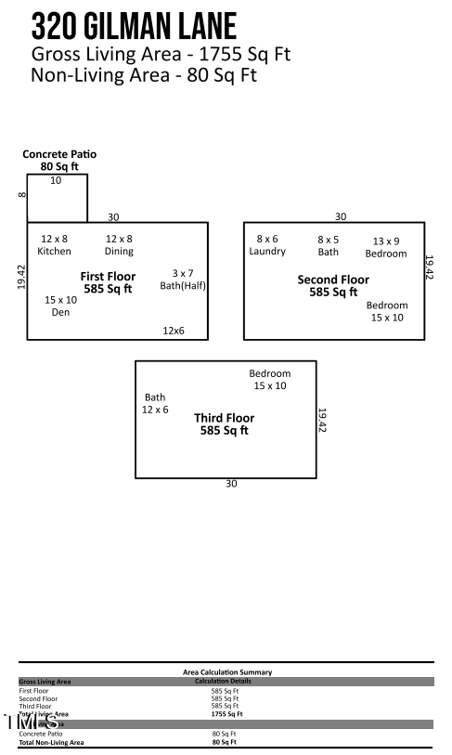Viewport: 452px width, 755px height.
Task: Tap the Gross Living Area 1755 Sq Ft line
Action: click(x=161, y=54)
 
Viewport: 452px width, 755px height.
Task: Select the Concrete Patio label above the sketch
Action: click(x=59, y=160)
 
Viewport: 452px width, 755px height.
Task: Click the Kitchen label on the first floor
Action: click(x=54, y=245)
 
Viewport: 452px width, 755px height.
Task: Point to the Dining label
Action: click(x=119, y=245)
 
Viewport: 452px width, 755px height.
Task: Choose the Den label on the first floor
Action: click(x=61, y=306)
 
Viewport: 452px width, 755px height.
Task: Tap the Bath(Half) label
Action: click(x=183, y=280)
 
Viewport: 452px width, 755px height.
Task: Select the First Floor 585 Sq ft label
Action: click(x=108, y=282)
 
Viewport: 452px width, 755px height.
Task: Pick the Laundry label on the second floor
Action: click(x=267, y=245)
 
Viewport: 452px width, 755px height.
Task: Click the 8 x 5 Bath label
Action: click(x=329, y=245)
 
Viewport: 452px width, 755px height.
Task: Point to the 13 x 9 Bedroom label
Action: click(x=386, y=247)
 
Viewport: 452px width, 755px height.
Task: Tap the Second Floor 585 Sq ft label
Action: click(x=333, y=286)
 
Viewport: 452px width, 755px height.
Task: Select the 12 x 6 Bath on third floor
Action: click(x=155, y=403)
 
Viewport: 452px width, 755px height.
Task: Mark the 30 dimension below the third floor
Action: click(x=232, y=483)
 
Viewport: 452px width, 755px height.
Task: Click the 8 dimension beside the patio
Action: click(x=20, y=195)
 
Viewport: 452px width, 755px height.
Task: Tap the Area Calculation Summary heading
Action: click(x=226, y=672)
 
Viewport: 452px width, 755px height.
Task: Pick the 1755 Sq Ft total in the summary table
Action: click(x=226, y=714)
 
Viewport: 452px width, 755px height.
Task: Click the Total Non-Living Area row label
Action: click(x=51, y=742)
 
